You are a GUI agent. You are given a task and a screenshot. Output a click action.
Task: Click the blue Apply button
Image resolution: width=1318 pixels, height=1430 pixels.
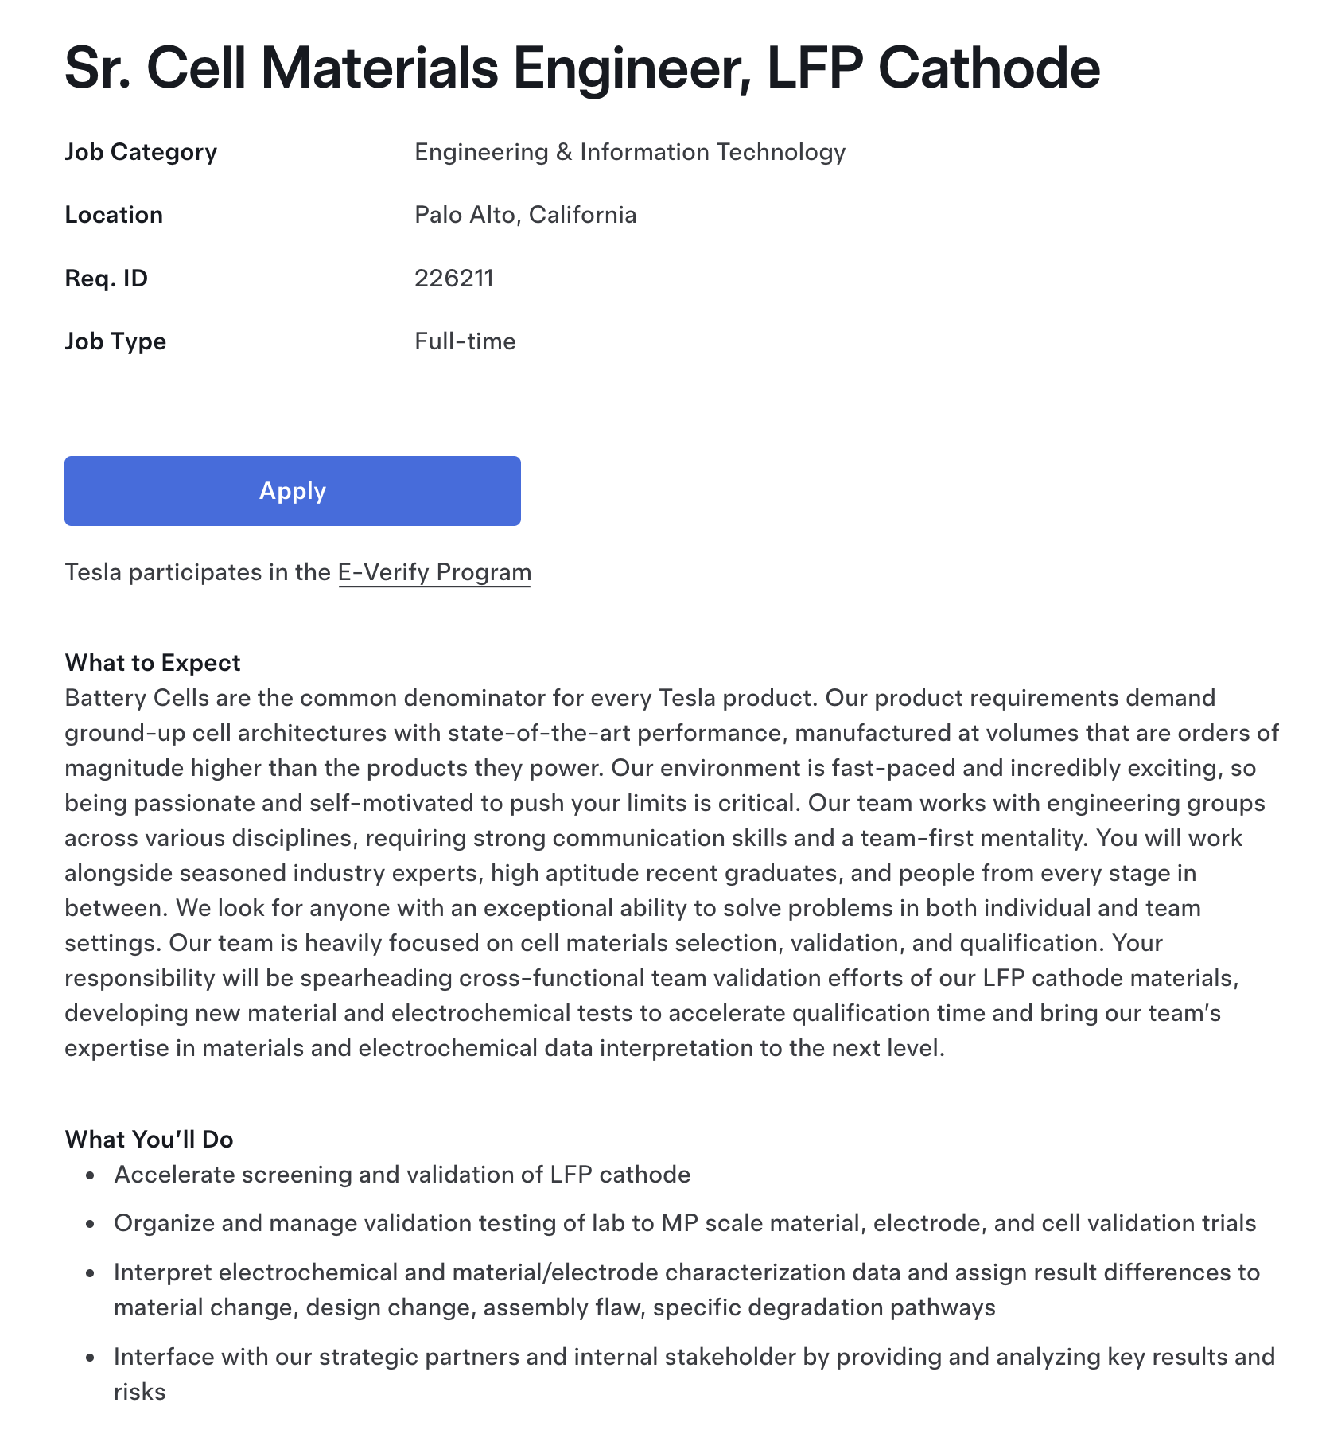tap(292, 491)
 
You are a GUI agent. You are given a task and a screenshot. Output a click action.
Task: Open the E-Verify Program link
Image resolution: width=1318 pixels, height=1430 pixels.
tap(434, 573)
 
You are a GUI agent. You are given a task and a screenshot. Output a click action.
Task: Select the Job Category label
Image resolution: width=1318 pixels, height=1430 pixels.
tap(141, 152)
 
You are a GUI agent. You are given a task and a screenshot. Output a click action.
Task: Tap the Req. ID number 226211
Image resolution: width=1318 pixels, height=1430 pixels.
tap(454, 279)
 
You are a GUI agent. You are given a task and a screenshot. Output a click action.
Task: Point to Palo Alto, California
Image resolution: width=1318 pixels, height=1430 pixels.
tap(525, 215)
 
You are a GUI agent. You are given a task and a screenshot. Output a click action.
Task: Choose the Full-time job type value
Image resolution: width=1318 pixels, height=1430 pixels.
tap(465, 341)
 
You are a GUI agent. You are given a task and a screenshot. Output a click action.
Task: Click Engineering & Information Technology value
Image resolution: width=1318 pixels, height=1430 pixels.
tap(630, 152)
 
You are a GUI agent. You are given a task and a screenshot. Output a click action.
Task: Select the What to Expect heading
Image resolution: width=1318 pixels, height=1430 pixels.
tap(153, 663)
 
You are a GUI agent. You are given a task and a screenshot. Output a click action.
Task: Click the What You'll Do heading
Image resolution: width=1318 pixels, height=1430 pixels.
tap(150, 1140)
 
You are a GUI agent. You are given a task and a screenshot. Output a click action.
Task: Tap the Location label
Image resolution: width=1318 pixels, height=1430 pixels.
tap(114, 215)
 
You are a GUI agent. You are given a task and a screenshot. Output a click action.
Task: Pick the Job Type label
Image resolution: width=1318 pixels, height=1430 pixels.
tap(115, 341)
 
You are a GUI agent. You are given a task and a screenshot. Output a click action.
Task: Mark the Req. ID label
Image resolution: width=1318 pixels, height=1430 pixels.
tap(107, 279)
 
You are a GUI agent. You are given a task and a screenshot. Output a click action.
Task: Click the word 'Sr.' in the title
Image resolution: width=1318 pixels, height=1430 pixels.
tap(99, 68)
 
